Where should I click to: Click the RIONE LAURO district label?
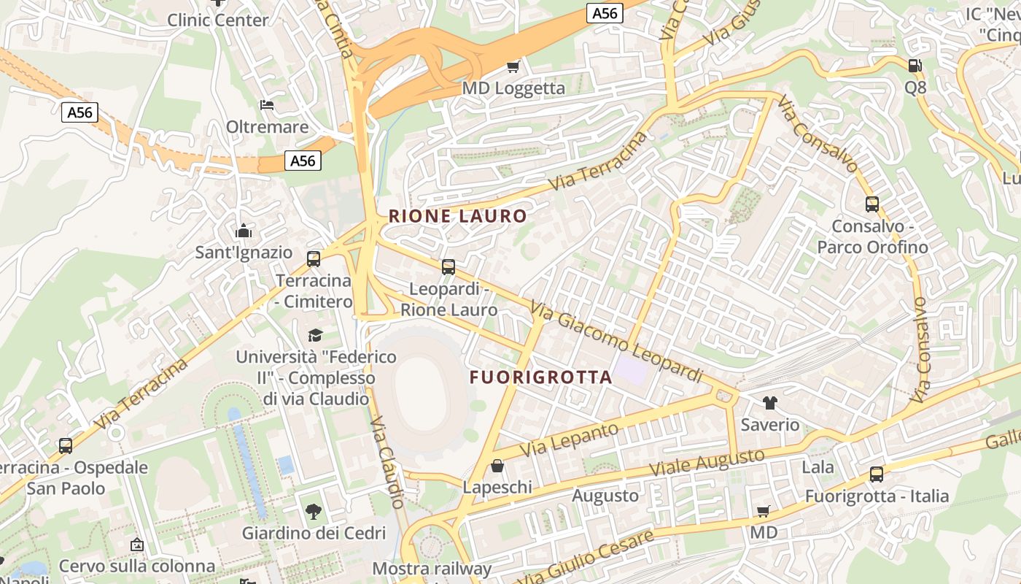(x=457, y=216)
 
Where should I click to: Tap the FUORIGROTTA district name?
(x=540, y=377)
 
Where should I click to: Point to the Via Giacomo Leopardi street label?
(x=616, y=342)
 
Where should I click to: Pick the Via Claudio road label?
(x=387, y=462)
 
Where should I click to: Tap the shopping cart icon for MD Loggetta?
(x=513, y=67)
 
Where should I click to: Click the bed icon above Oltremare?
(x=267, y=105)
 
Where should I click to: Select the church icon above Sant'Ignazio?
(x=244, y=232)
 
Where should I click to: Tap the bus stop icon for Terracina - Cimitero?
(x=314, y=259)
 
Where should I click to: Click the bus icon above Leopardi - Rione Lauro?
(x=449, y=267)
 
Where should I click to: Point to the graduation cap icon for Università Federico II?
(x=315, y=335)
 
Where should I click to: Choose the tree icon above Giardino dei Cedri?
(x=314, y=512)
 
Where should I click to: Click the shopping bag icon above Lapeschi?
(x=497, y=466)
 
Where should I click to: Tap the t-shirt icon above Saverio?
(x=769, y=403)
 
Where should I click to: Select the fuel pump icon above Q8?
(x=915, y=66)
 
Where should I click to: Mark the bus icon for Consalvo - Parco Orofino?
(x=872, y=204)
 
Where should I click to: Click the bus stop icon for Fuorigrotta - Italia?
(x=877, y=474)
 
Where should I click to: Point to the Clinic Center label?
(x=218, y=20)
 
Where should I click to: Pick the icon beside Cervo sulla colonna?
(x=136, y=545)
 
